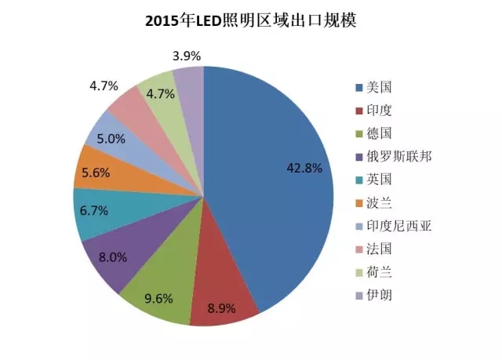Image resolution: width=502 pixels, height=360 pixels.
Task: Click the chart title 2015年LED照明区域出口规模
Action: [x=250, y=21]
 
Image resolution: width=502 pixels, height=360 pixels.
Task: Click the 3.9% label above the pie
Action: [x=187, y=56]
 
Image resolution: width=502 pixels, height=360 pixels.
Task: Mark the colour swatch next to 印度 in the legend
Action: [x=359, y=111]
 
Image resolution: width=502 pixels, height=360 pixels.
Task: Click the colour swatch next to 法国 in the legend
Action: [x=359, y=249]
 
